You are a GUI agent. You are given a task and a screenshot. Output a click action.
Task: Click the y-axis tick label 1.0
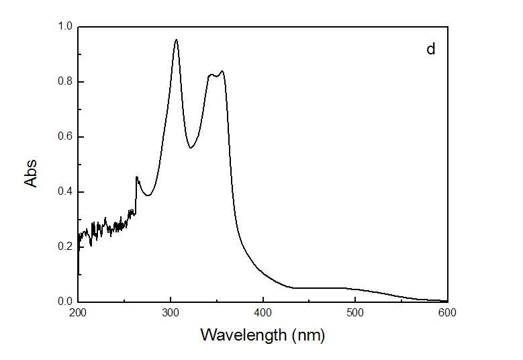(65, 28)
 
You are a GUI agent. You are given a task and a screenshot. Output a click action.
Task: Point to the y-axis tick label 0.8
(65, 83)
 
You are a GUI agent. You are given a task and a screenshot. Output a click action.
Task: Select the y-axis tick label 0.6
(65, 137)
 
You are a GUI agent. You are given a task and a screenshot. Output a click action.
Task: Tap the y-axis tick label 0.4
(65, 192)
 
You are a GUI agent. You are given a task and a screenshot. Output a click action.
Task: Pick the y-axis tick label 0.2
(65, 247)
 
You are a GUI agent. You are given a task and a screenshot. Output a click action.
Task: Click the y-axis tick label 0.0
(65, 302)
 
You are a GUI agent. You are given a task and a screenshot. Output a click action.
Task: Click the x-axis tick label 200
(79, 313)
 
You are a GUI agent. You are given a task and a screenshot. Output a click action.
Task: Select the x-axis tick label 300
(171, 313)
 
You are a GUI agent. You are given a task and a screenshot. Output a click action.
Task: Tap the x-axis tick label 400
(263, 313)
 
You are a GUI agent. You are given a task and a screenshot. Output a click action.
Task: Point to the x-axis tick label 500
(355, 313)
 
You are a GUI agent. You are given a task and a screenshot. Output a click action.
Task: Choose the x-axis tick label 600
(447, 313)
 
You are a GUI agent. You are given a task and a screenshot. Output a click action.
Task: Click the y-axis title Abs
(31, 173)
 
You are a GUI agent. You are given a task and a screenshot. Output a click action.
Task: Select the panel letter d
(431, 50)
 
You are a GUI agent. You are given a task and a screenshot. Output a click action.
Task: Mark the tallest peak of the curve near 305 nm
(176, 40)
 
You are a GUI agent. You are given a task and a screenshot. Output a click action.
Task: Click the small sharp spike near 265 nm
(137, 177)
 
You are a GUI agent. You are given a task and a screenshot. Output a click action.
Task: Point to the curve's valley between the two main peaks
(191, 148)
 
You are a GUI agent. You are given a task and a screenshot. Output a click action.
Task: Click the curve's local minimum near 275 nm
(148, 195)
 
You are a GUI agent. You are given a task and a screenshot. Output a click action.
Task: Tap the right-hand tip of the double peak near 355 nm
(222, 71)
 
